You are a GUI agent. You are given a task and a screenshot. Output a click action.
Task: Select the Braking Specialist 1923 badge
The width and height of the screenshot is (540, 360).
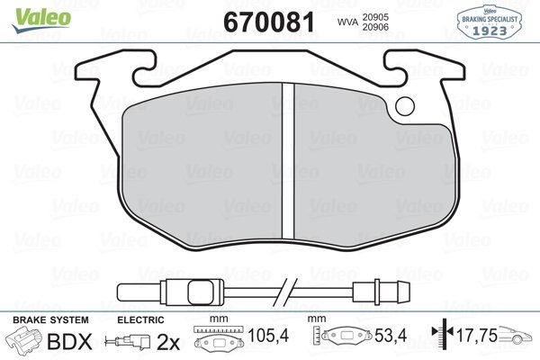[494, 20]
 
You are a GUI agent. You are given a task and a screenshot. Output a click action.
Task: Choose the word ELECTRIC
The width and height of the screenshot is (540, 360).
[141, 319]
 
